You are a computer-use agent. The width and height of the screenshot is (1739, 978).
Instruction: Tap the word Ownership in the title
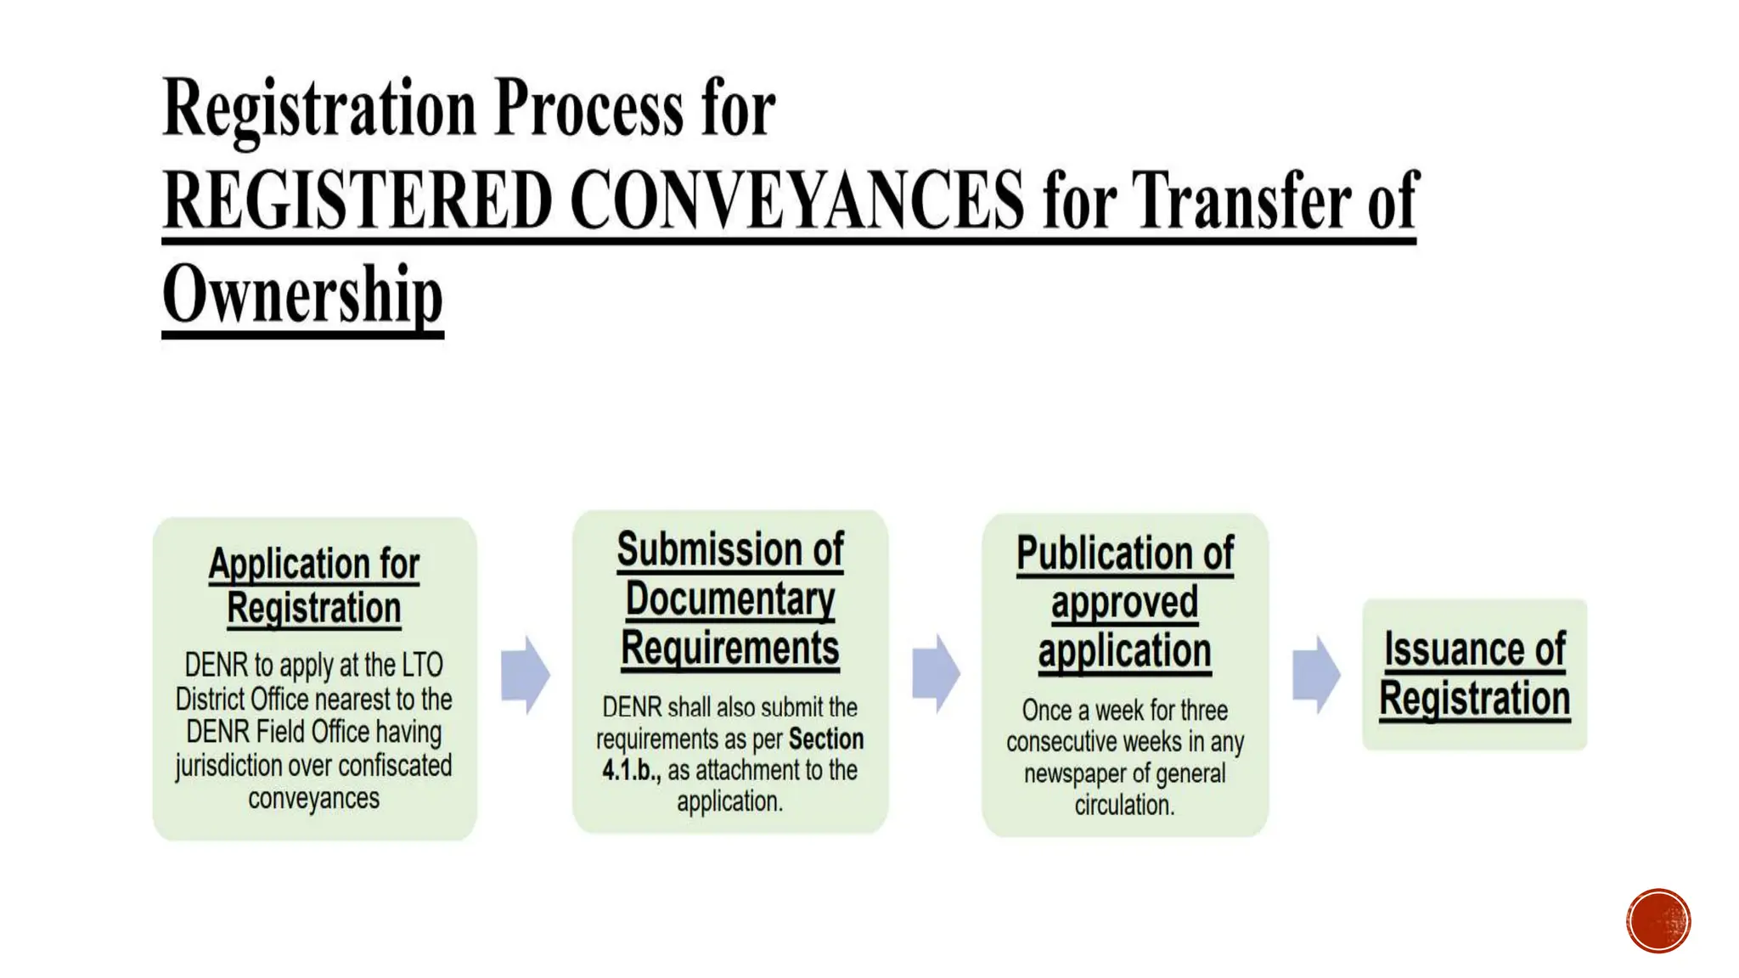click(x=302, y=294)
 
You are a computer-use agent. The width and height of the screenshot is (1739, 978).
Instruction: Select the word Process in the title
click(x=588, y=108)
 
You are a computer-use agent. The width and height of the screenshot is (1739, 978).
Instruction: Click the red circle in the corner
click(x=1657, y=920)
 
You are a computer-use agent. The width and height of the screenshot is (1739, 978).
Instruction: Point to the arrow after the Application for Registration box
click(x=525, y=675)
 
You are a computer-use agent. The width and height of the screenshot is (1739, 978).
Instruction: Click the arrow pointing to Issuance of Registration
click(x=1315, y=675)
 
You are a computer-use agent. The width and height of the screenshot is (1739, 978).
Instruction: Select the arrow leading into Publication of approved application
click(x=936, y=673)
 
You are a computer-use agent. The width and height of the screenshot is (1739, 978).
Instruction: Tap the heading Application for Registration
click(x=314, y=586)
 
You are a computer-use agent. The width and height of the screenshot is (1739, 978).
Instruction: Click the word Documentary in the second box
click(x=730, y=599)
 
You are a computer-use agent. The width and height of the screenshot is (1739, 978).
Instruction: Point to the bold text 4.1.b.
click(x=631, y=771)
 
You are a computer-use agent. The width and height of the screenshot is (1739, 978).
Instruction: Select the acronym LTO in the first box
click(x=422, y=665)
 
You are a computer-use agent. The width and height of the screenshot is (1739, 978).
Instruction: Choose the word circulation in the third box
click(x=1124, y=805)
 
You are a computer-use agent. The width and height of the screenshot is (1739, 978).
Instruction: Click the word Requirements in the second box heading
click(x=730, y=649)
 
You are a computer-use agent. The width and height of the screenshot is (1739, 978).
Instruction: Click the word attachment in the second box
click(x=746, y=771)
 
